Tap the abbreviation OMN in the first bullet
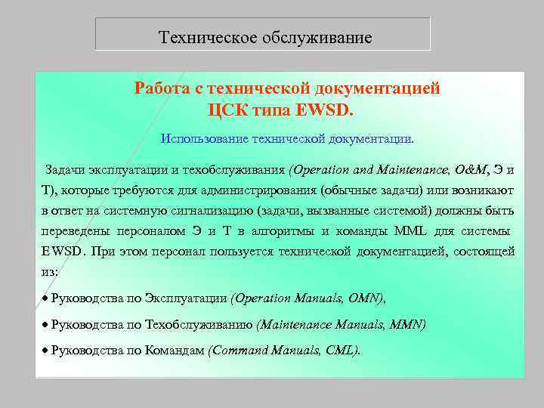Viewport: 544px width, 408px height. point(366,298)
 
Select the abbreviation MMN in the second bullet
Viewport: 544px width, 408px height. point(408,324)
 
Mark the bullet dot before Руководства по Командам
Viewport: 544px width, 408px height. point(45,350)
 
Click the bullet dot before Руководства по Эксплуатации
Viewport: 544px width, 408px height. point(45,298)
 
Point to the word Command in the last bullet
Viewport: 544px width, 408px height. point(240,350)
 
